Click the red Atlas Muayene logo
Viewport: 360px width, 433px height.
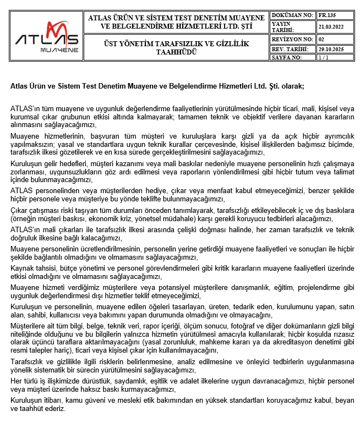pyautogui.click(x=47, y=36)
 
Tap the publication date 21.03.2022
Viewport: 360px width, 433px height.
pyautogui.click(x=331, y=26)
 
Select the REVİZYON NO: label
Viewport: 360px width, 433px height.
pyautogui.click(x=293, y=40)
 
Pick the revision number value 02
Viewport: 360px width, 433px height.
pyautogui.click(x=321, y=40)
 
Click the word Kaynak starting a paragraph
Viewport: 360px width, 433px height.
pyautogui.click(x=23, y=268)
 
